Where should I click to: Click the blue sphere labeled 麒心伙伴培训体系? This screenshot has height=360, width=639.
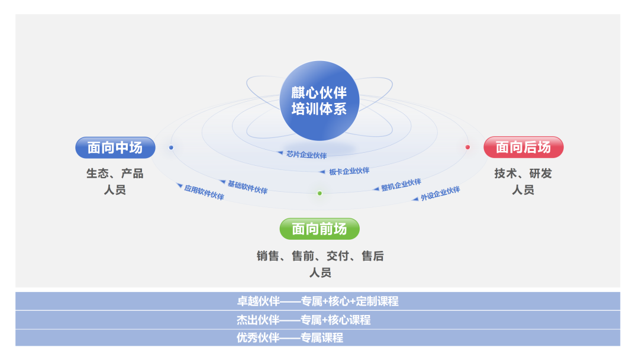point(319,101)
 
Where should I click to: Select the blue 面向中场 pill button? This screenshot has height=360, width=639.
point(115,147)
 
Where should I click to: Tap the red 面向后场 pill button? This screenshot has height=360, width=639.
point(524,147)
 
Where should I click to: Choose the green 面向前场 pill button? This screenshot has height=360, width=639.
point(319,229)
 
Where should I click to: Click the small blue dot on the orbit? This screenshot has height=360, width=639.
point(171,147)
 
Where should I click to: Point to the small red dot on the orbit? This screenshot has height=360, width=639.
point(467,147)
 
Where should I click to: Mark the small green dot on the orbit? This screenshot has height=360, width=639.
point(319,193)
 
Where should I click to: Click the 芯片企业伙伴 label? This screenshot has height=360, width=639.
point(306,155)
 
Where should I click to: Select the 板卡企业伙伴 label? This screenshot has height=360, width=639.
point(349,171)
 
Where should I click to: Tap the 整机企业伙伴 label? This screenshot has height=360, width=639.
point(401,185)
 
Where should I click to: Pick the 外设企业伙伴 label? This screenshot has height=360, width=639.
point(440,194)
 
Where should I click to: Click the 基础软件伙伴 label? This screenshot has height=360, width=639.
point(247,187)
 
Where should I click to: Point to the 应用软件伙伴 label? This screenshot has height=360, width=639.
point(204,192)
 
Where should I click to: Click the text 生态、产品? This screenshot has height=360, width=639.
point(115,174)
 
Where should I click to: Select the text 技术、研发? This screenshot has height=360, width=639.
point(523,174)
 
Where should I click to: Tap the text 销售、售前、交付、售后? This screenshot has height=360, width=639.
point(320,256)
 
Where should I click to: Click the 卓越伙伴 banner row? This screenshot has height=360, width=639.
point(318,301)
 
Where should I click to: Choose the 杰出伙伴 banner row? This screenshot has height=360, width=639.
point(318,320)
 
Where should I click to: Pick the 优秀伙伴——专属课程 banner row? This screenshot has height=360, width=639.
point(318,338)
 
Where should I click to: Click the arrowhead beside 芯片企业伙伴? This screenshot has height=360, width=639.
point(280,153)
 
